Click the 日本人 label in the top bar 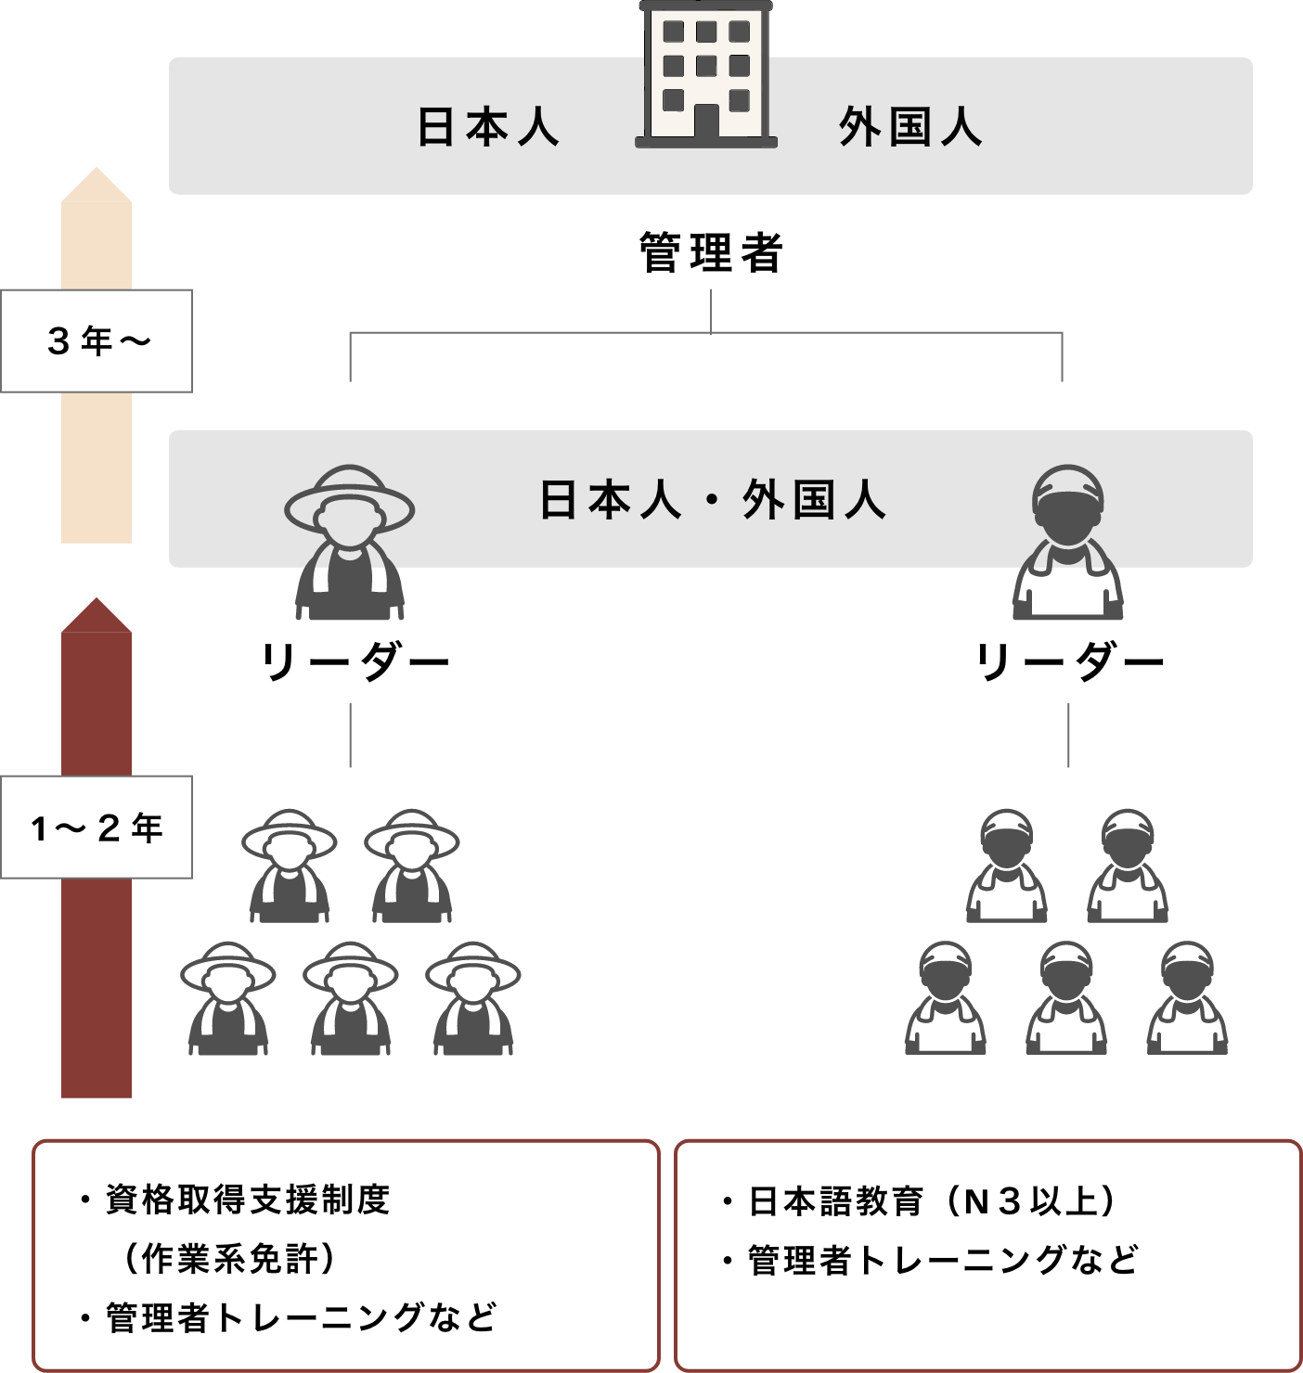pos(487,127)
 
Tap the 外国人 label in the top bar pos(910,127)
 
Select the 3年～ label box pos(97,340)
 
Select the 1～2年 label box pos(97,827)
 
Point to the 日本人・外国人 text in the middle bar pos(713,500)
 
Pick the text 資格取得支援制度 pos(248,1200)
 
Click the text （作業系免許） pos(229,1259)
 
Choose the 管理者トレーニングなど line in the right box pos(942,1260)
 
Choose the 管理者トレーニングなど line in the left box pos(301,1317)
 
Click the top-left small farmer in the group pos(290,866)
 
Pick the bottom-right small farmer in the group pos(472,999)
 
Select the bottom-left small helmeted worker pos(946,999)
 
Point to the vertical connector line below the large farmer pos(350,735)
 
